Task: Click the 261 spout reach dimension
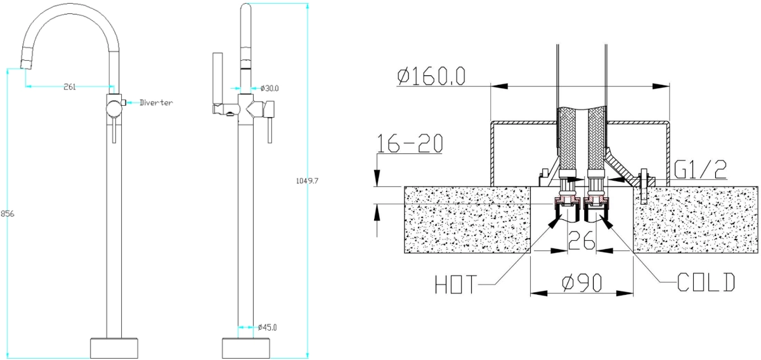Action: point(70,87)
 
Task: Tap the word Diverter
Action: point(156,103)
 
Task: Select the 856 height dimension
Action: point(8,214)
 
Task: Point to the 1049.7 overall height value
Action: point(307,181)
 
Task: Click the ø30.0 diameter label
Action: point(270,88)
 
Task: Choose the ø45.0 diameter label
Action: point(268,328)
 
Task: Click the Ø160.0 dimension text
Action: point(431,77)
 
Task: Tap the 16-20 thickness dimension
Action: point(410,143)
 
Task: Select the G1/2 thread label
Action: point(701,170)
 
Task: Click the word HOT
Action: point(456,285)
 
